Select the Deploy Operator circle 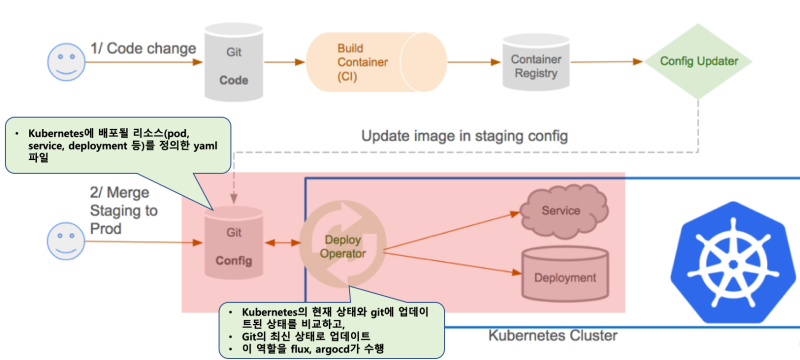point(342,244)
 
